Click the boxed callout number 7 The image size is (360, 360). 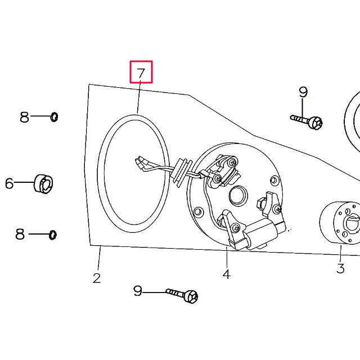(141, 73)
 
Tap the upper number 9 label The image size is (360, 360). (303, 92)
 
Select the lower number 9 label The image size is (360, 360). (138, 291)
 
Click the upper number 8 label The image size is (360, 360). (24, 117)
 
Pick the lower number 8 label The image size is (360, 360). (20, 234)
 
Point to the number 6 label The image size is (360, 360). (9, 183)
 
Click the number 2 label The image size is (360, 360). (97, 277)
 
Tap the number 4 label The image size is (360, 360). (226, 274)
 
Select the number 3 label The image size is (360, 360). (340, 268)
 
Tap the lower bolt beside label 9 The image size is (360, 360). (183, 294)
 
